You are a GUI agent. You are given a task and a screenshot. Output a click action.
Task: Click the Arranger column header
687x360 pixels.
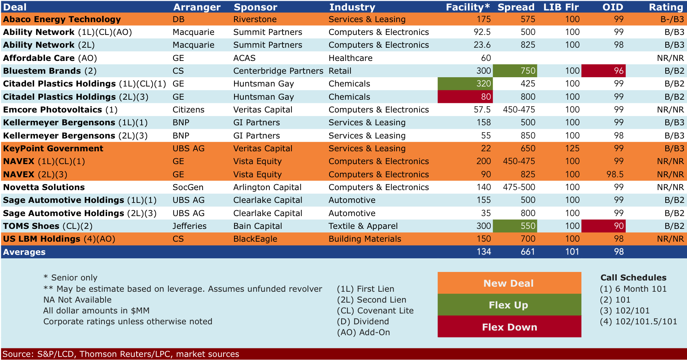click(197, 7)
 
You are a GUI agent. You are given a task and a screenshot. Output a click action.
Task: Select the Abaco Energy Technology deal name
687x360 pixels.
click(62, 19)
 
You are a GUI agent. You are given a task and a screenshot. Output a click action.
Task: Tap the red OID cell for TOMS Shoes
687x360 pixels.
click(604, 226)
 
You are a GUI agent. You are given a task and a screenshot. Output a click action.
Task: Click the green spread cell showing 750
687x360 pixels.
click(515, 71)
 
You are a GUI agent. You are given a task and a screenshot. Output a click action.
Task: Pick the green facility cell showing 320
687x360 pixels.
click(465, 84)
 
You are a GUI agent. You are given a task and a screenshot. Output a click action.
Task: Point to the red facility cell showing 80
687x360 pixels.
click(465, 97)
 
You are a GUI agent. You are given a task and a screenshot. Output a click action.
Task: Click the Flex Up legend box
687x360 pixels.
click(509, 305)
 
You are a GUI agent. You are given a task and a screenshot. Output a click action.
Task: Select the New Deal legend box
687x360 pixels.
click(509, 283)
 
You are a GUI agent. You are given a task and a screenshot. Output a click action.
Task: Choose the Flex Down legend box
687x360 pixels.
click(509, 327)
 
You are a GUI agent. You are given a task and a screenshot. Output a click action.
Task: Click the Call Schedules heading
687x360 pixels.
click(633, 278)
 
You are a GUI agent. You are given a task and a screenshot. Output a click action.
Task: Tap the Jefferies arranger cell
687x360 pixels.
click(189, 226)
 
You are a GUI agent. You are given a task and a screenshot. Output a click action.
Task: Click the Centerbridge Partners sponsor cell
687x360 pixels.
click(278, 71)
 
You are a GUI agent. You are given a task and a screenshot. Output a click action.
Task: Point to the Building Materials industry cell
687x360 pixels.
click(365, 239)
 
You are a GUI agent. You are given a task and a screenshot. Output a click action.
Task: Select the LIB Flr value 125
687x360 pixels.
click(572, 149)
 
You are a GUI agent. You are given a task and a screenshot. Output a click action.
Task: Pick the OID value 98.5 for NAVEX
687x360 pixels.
click(615, 175)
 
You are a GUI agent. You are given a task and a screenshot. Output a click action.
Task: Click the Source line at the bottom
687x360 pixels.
click(121, 354)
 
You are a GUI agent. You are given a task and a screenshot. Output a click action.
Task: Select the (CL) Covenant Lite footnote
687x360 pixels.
click(375, 311)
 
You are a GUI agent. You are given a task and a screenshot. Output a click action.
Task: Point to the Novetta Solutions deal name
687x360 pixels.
click(44, 187)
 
